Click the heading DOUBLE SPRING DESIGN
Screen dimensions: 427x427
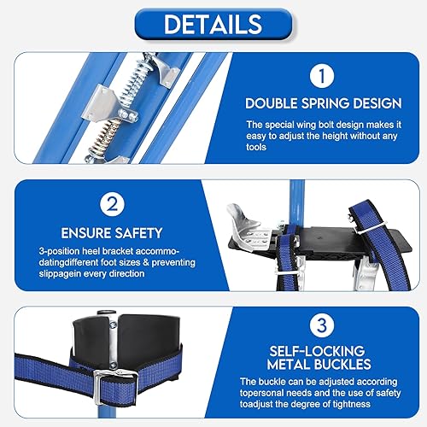pos(324,103)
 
